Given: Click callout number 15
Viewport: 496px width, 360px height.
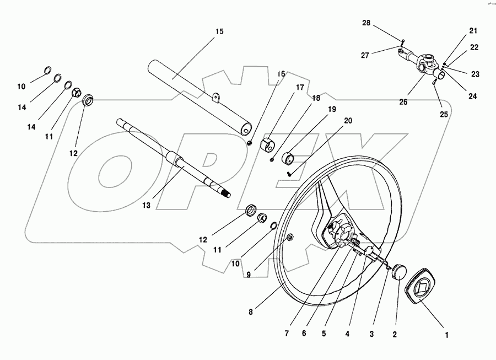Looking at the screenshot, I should tap(219, 31).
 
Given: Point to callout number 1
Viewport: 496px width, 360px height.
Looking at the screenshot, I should tap(447, 334).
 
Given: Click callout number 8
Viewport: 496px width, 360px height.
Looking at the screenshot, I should tap(251, 312).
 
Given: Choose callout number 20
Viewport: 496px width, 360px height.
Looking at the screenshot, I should tap(348, 121).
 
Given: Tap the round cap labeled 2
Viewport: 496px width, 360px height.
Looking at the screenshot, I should tap(398, 272).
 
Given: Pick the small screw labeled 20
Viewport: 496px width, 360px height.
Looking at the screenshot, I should tap(289, 173).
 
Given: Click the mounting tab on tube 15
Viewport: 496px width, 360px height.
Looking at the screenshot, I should tap(217, 98).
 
